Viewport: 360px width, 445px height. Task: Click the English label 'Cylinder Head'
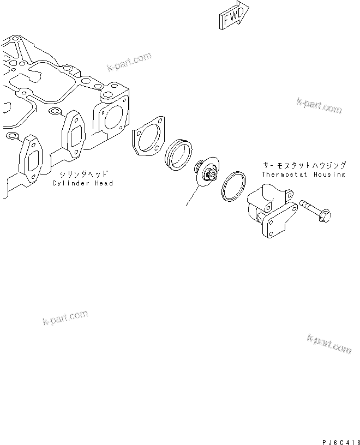82,183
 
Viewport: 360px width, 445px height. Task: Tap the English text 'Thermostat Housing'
303,175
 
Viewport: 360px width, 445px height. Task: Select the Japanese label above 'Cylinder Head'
82,175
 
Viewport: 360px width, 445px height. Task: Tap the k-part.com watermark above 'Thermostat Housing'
319,106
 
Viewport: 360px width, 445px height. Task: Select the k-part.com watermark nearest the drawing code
329,345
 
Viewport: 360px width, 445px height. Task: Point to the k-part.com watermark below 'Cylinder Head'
65,317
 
